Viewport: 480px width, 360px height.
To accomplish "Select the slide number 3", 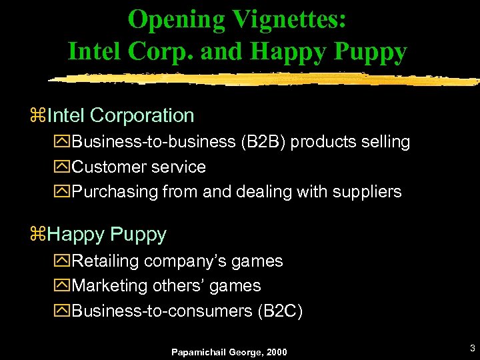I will pyautogui.click(x=472, y=348).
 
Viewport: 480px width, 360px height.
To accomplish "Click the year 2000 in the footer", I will pyautogui.click(x=275, y=351).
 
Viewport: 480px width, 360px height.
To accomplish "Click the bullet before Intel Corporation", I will pyautogui.click(x=37, y=116).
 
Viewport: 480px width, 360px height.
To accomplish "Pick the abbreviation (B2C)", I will pyautogui.click(x=280, y=311).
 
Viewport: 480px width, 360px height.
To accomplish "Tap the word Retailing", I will pyautogui.click(x=106, y=261).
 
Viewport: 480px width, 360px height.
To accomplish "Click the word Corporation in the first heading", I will pyautogui.click(x=141, y=115).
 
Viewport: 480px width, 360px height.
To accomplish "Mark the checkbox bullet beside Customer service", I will pyautogui.click(x=63, y=167).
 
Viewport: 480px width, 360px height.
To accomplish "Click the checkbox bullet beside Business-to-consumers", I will pyautogui.click(x=63, y=311).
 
